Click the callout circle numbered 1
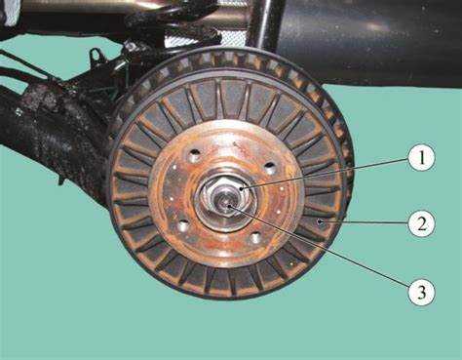421,159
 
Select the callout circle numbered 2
421,223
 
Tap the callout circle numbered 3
421,292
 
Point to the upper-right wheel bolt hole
269,169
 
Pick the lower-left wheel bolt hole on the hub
183,224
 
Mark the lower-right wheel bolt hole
255,238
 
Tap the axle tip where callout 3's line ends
228,206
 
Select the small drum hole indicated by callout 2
321,221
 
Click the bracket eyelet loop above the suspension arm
95,55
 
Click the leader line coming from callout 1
324,173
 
